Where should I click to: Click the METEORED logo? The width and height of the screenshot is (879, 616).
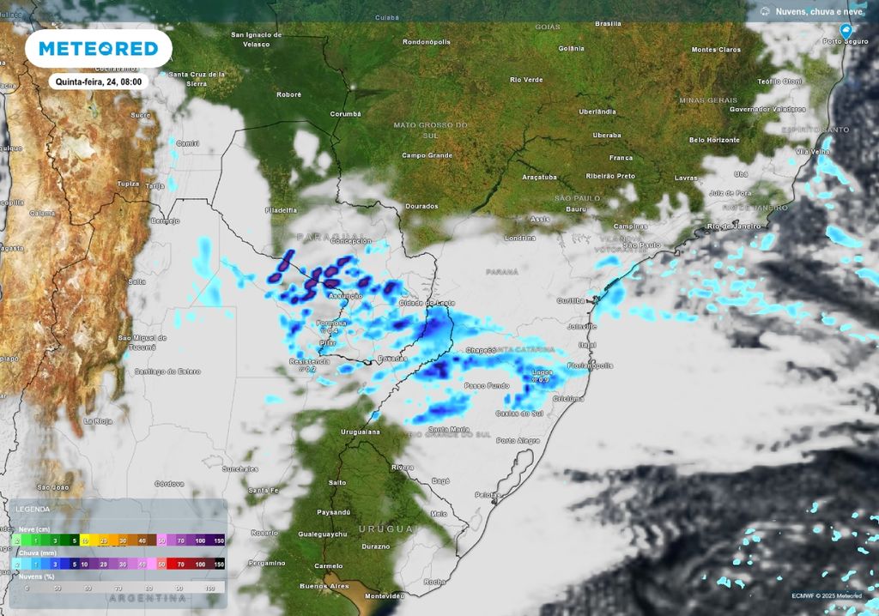point(99,49)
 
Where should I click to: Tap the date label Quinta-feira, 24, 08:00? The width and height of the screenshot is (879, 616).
point(99,82)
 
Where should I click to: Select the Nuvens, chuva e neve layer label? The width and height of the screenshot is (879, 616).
point(819,11)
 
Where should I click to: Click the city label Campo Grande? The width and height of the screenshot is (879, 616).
point(427,155)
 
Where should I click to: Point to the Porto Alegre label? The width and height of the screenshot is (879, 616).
point(518,441)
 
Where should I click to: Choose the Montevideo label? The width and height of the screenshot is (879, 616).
point(384,595)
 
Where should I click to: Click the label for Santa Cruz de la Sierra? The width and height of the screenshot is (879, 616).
point(197,78)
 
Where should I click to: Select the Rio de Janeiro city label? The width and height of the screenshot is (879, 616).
point(735,226)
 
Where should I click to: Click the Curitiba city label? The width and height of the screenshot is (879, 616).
point(570,300)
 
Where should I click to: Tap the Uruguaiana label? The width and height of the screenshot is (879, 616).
point(360,432)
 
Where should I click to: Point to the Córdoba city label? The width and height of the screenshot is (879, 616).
point(168,483)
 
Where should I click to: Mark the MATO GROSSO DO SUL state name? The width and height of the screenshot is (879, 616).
point(430,130)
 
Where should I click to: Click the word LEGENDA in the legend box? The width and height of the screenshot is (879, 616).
point(32,509)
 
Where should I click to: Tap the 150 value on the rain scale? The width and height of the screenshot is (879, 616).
point(218,565)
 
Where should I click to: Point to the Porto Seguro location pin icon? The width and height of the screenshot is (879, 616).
point(846,30)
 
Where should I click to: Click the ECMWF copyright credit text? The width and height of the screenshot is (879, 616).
point(826,595)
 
